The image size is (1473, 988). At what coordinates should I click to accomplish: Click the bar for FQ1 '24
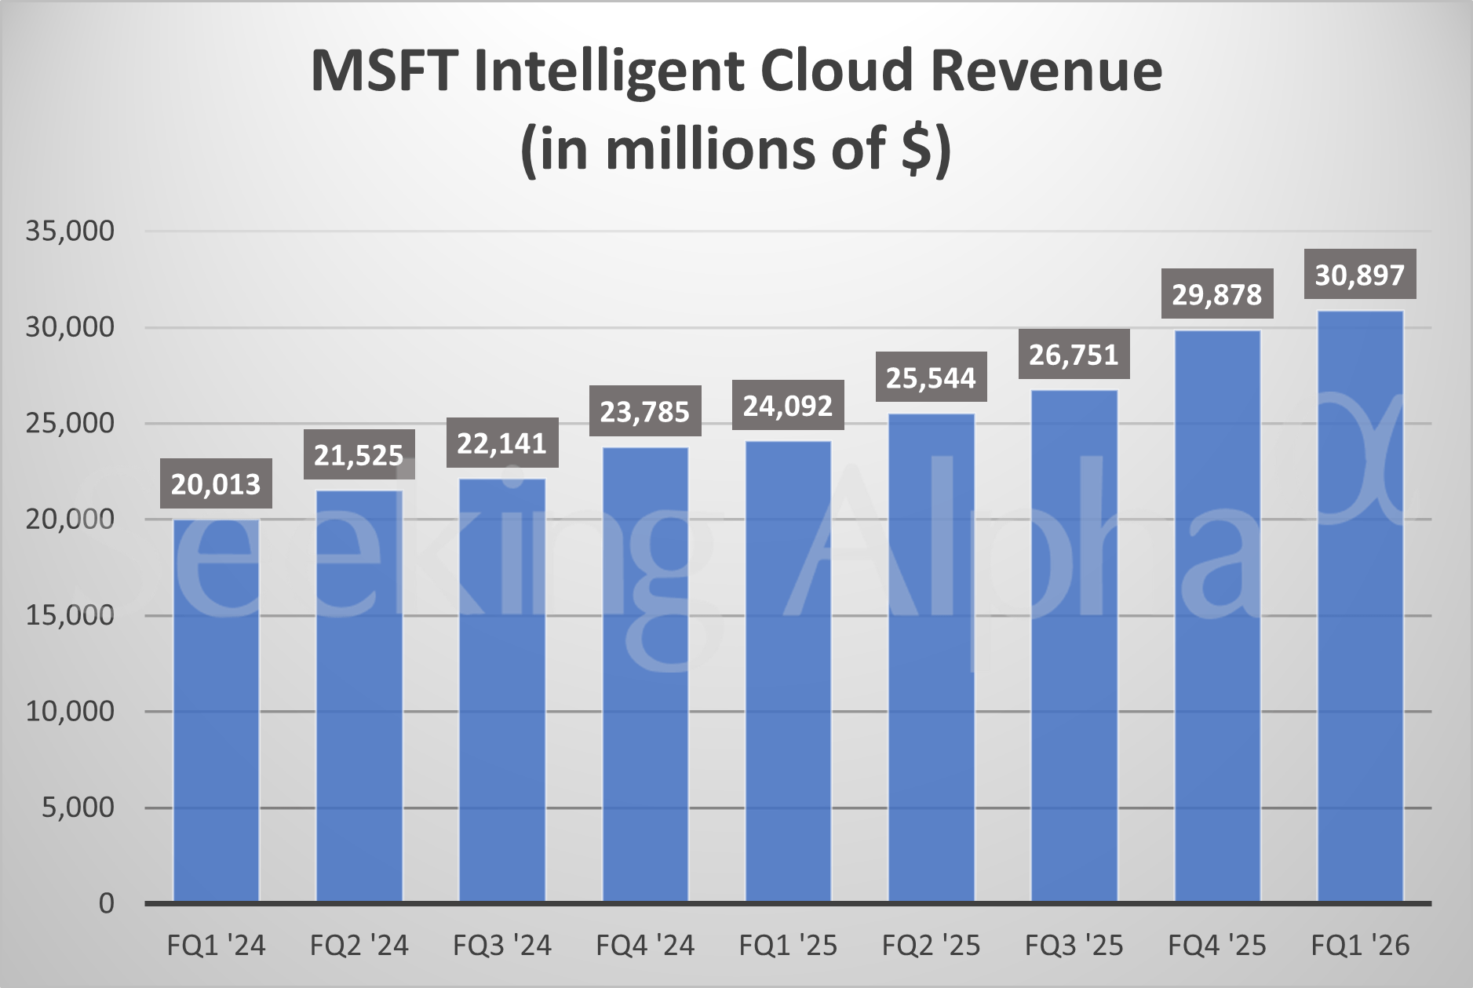pos(216,710)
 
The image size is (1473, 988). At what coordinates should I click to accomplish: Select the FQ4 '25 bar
pos(1217,616)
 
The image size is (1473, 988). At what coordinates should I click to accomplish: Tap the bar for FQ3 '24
pos(502,691)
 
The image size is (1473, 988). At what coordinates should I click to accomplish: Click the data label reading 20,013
pos(216,484)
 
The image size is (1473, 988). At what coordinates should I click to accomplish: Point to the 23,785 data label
pos(645,411)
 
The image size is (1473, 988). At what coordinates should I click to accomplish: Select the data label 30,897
pos(1360,275)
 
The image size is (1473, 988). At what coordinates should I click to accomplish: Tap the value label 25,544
pos(931,377)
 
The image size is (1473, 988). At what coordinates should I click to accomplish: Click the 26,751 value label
pos(1074,355)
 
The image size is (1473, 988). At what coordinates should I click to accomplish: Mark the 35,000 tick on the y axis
pos(70,231)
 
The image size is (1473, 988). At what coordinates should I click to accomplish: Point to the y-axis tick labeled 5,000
pos(78,807)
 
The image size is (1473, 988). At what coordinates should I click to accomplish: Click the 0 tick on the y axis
pos(106,903)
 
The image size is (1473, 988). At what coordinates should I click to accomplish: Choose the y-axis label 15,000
pos(70,614)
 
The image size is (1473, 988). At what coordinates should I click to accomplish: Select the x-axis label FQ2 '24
pos(359,946)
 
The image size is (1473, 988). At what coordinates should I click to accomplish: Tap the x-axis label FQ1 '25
pos(788,946)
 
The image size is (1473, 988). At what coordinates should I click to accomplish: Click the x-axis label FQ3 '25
pos(1074,946)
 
